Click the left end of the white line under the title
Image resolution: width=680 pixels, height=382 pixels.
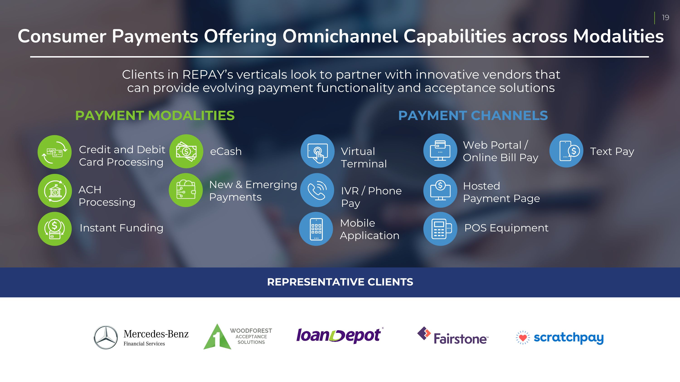[x=30, y=57]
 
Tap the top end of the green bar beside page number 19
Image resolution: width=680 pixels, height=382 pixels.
[x=655, y=12]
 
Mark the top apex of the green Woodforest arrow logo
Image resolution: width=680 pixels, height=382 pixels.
[x=217, y=324]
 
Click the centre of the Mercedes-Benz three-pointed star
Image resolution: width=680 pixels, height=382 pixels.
[x=106, y=337]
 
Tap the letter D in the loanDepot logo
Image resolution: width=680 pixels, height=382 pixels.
[x=338, y=336]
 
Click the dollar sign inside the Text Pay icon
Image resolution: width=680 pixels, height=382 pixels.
[x=574, y=151]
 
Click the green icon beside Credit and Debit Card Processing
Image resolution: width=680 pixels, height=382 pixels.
[x=55, y=152]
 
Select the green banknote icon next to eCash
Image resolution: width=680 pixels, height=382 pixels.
[x=186, y=151]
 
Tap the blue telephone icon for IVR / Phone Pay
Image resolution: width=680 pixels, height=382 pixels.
[x=317, y=190]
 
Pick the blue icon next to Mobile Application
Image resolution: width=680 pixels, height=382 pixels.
[x=316, y=229]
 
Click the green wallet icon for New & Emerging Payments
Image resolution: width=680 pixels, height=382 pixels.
[x=186, y=190]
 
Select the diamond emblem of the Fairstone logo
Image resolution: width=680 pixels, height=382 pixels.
[x=424, y=334]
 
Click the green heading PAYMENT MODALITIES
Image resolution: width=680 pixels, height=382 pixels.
[x=155, y=115]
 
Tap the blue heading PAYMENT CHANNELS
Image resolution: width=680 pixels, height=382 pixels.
[x=473, y=115]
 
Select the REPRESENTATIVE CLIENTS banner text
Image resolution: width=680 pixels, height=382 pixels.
[x=340, y=282]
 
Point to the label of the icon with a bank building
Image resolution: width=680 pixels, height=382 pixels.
[x=107, y=196]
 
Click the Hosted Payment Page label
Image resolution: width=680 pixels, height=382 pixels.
[x=502, y=192]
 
